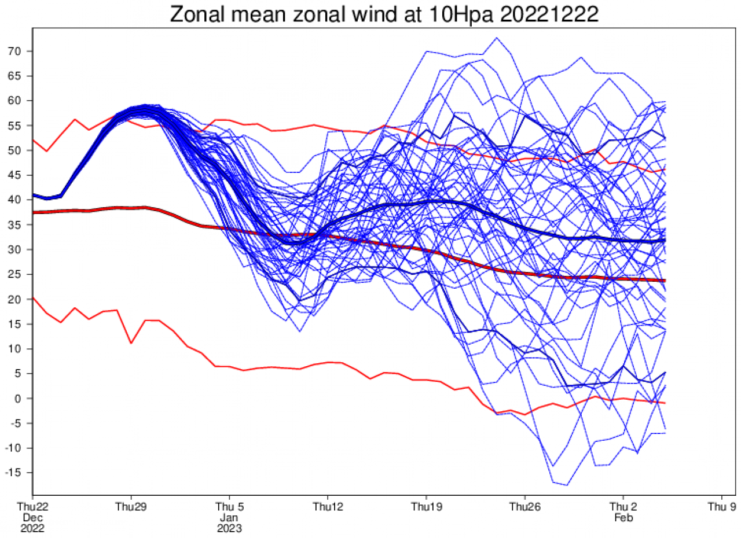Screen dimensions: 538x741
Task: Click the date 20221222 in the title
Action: pos(549,14)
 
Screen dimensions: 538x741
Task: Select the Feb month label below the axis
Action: pos(623,518)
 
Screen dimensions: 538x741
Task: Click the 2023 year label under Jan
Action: pos(229,528)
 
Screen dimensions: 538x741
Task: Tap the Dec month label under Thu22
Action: pos(32,518)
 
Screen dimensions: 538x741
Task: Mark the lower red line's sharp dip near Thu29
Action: pos(131,343)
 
